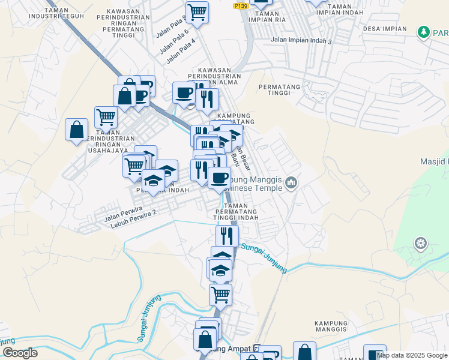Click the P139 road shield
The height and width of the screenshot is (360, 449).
tap(241, 6)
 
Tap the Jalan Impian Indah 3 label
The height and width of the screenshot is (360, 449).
tap(301, 40)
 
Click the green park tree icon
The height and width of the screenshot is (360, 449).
tap(424, 31)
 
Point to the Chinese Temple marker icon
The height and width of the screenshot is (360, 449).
tap(292, 182)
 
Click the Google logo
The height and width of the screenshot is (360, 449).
tap(20, 353)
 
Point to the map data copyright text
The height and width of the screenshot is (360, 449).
tap(412, 355)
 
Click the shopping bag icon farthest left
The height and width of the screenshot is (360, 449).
tap(77, 130)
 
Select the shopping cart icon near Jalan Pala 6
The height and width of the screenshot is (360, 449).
tap(197, 11)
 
